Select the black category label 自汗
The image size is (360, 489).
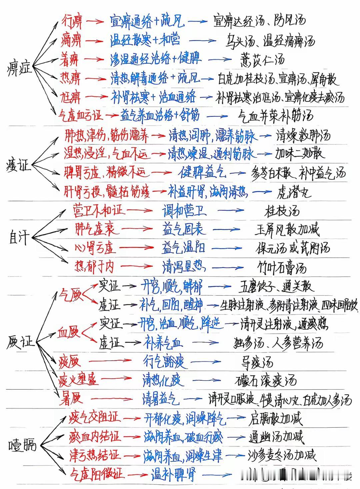(x=19, y=238)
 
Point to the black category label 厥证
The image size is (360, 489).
(x=20, y=342)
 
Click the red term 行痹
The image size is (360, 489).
(x=72, y=22)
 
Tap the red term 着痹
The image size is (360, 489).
(x=69, y=60)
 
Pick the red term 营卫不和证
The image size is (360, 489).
(x=98, y=210)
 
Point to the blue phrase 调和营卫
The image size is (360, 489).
(x=184, y=211)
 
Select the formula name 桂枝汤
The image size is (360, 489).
(x=282, y=211)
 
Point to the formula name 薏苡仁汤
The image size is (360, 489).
(x=262, y=60)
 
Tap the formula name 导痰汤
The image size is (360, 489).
(x=257, y=362)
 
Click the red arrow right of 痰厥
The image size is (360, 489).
(x=108, y=360)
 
